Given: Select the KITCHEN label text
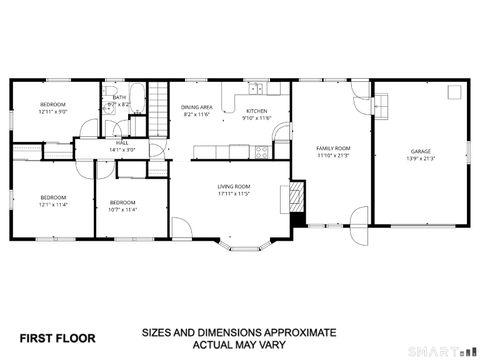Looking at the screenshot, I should pos(256,111).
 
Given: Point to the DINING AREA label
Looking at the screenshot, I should pos(197,107).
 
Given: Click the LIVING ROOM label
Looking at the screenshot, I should pos(234,186).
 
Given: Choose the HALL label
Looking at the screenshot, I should pos(122,143).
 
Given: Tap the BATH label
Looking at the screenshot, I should pos(119,97).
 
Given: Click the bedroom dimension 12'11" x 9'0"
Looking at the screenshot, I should pos(53,112).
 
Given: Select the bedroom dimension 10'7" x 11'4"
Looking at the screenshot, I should pos(122,210).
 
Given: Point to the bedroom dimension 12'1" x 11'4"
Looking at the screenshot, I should pos(52,205).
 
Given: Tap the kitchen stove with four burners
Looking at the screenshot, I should pos(261,152).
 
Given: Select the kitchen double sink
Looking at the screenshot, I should pos(256,88).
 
